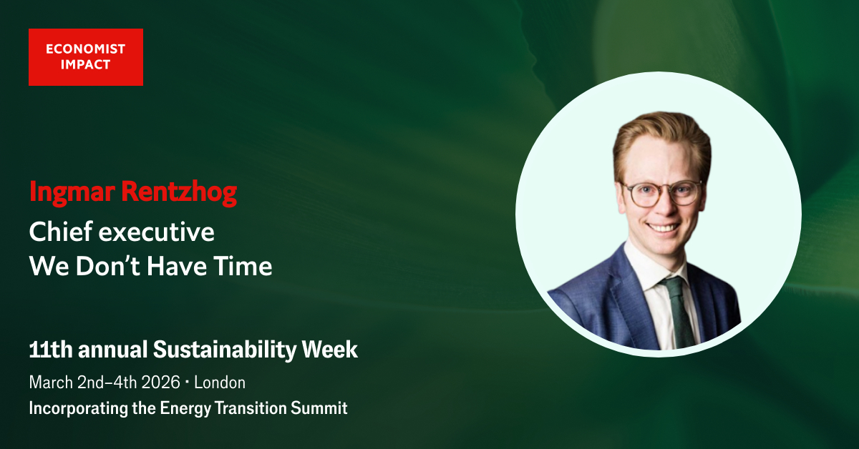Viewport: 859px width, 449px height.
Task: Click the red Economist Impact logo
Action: (86, 57)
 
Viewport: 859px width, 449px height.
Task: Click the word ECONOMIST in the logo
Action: (85, 49)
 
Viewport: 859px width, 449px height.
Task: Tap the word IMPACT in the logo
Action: (85, 65)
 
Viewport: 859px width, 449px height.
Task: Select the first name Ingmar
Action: (72, 192)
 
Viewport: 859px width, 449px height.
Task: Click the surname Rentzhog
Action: (179, 192)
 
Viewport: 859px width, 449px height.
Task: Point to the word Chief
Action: (61, 232)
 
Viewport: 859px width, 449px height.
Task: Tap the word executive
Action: (157, 232)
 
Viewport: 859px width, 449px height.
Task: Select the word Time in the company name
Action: (243, 266)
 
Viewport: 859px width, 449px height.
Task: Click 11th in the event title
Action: (51, 350)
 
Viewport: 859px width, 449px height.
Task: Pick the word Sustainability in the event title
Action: (225, 350)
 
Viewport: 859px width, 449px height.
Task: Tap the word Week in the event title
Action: (330, 350)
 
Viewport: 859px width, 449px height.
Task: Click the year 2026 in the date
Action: (160, 383)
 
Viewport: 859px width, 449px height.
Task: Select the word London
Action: (220, 383)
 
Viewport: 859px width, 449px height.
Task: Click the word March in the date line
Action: (51, 383)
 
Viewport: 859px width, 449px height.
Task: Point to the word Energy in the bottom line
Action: (185, 408)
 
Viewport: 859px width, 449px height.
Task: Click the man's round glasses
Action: (661, 193)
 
